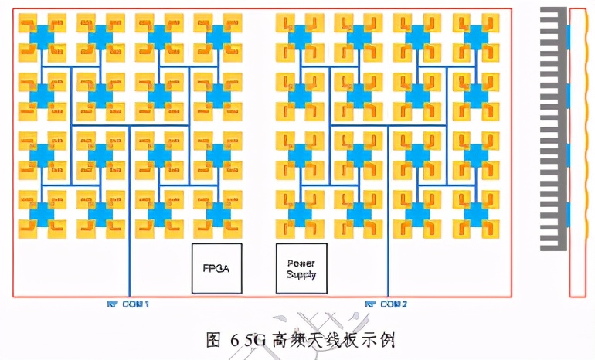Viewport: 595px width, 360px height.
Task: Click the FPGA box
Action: [x=216, y=268]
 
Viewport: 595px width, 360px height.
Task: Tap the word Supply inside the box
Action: [x=301, y=274]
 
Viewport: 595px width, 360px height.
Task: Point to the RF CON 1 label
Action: [x=128, y=304]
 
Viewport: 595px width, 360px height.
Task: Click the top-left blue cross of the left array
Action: [x=41, y=35]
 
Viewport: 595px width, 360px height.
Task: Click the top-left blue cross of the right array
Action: [x=301, y=35]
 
